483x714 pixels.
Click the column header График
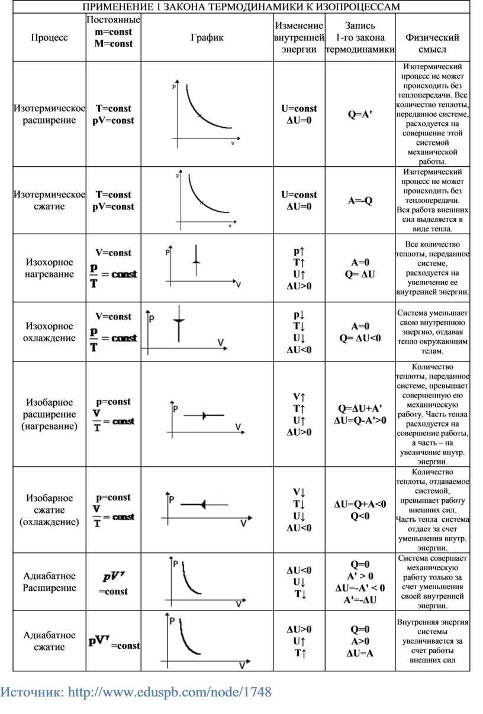[207, 38]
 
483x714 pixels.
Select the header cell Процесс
[50, 38]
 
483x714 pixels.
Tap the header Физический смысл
[432, 43]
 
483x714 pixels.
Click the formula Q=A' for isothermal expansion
[360, 114]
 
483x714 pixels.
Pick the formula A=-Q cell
[360, 201]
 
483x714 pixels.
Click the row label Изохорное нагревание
[50, 268]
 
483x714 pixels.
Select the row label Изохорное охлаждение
[50, 332]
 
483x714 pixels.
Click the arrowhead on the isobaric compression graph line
[203, 505]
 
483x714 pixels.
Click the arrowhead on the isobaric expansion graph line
[204, 416]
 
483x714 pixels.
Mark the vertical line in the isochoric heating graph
[196, 260]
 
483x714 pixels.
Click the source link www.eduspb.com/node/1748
[170, 692]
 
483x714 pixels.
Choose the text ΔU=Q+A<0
[360, 504]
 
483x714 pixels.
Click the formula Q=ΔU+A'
[360, 408]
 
